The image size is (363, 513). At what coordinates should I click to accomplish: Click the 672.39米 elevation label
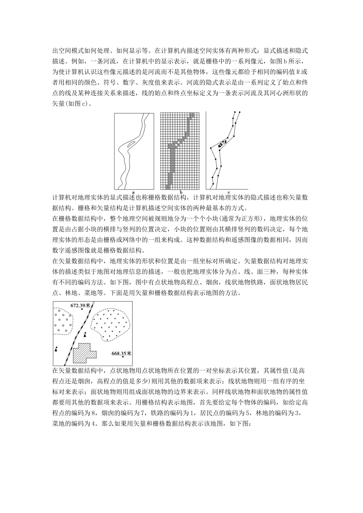coord(80,305)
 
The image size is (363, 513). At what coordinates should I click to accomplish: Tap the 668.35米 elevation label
coord(121,353)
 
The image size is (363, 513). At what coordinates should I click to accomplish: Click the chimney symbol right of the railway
coord(85,334)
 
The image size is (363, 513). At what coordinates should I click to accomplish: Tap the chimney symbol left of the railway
coord(57,348)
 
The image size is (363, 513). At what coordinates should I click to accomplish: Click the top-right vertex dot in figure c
coord(240,112)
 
